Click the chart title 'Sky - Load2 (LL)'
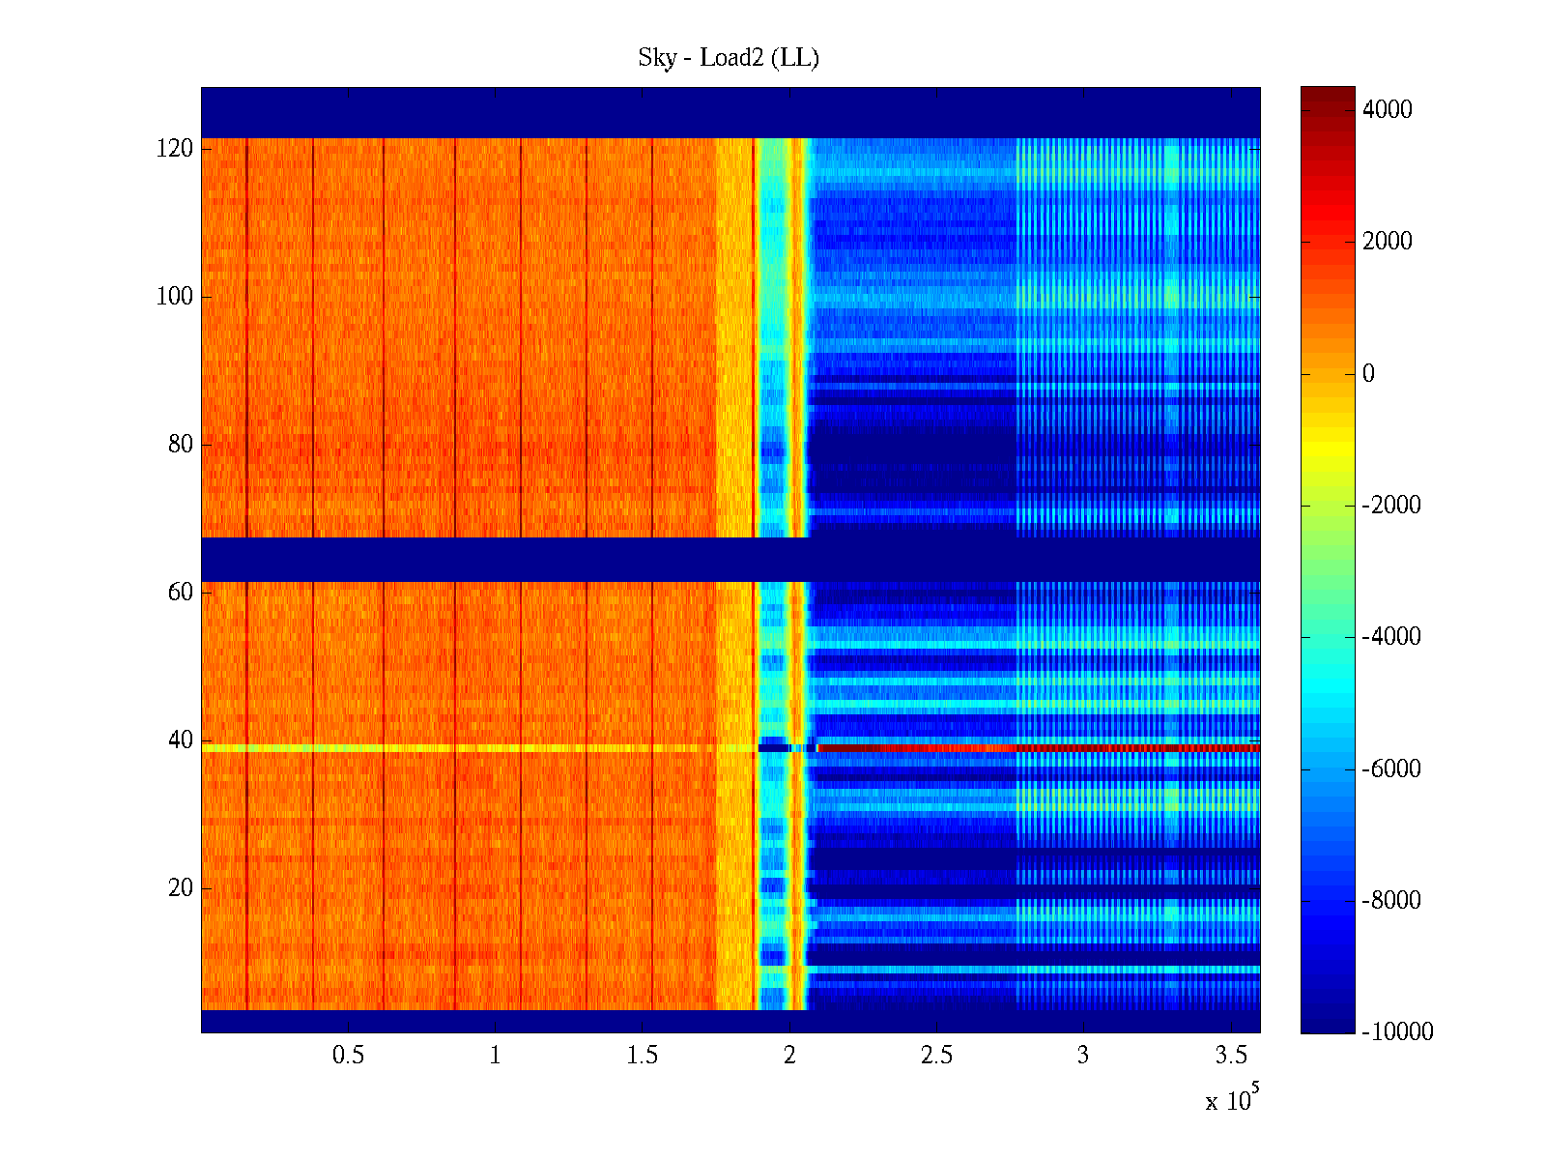[x=729, y=58]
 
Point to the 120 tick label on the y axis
[x=175, y=149]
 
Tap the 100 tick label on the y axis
[x=175, y=297]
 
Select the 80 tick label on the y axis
[x=181, y=445]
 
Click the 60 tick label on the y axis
[x=181, y=593]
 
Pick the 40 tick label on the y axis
[x=181, y=740]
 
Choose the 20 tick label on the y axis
[x=181, y=888]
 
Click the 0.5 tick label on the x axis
[x=349, y=1056]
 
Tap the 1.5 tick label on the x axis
[x=643, y=1056]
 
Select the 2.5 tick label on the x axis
[x=936, y=1056]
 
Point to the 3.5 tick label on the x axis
[x=1230, y=1056]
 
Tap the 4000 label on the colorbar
[x=1388, y=110]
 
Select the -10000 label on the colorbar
[x=1397, y=1032]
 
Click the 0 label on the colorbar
[x=1368, y=374]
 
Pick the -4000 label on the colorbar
[x=1391, y=637]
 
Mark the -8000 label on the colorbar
[x=1391, y=901]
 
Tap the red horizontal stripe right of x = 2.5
[x=1063, y=748]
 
